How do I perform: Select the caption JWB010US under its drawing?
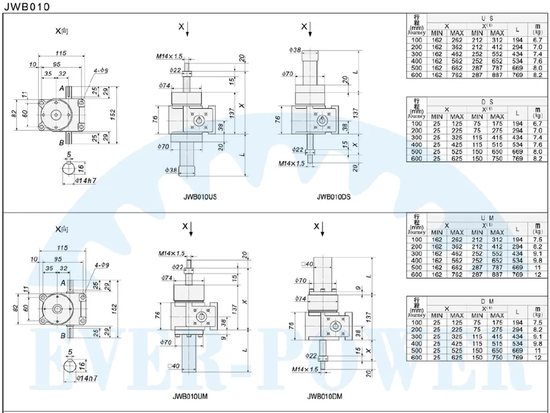pyautogui.click(x=199, y=197)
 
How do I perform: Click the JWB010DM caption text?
pyautogui.click(x=324, y=397)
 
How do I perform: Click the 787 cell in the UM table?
pyautogui.click(x=497, y=267)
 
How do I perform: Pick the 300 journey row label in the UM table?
pyautogui.click(x=416, y=253)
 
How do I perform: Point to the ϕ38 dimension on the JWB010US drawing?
pyautogui.click(x=171, y=169)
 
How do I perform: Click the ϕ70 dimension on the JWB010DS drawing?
pyautogui.click(x=286, y=74)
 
